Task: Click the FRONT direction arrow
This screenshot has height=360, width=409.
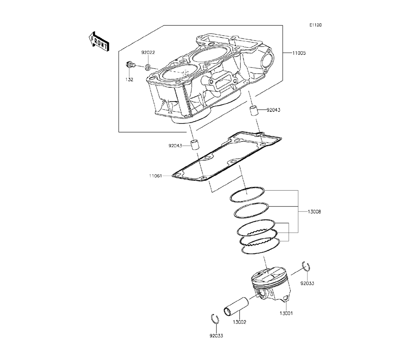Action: pyautogui.click(x=98, y=41)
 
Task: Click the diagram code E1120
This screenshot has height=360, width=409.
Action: pyautogui.click(x=315, y=25)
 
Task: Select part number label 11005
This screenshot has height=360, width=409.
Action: pyautogui.click(x=299, y=53)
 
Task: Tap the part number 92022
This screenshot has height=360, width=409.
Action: pyautogui.click(x=148, y=52)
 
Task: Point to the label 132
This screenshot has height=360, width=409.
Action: pyautogui.click(x=129, y=79)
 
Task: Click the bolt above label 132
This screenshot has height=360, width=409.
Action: pyautogui.click(x=130, y=65)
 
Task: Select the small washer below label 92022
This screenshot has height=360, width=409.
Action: pyautogui.click(x=147, y=68)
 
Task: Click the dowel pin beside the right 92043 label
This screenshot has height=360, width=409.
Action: pyautogui.click(x=254, y=110)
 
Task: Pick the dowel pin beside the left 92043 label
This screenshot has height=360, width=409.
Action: pyautogui.click(x=194, y=145)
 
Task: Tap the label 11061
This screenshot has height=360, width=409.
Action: pyautogui.click(x=155, y=176)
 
